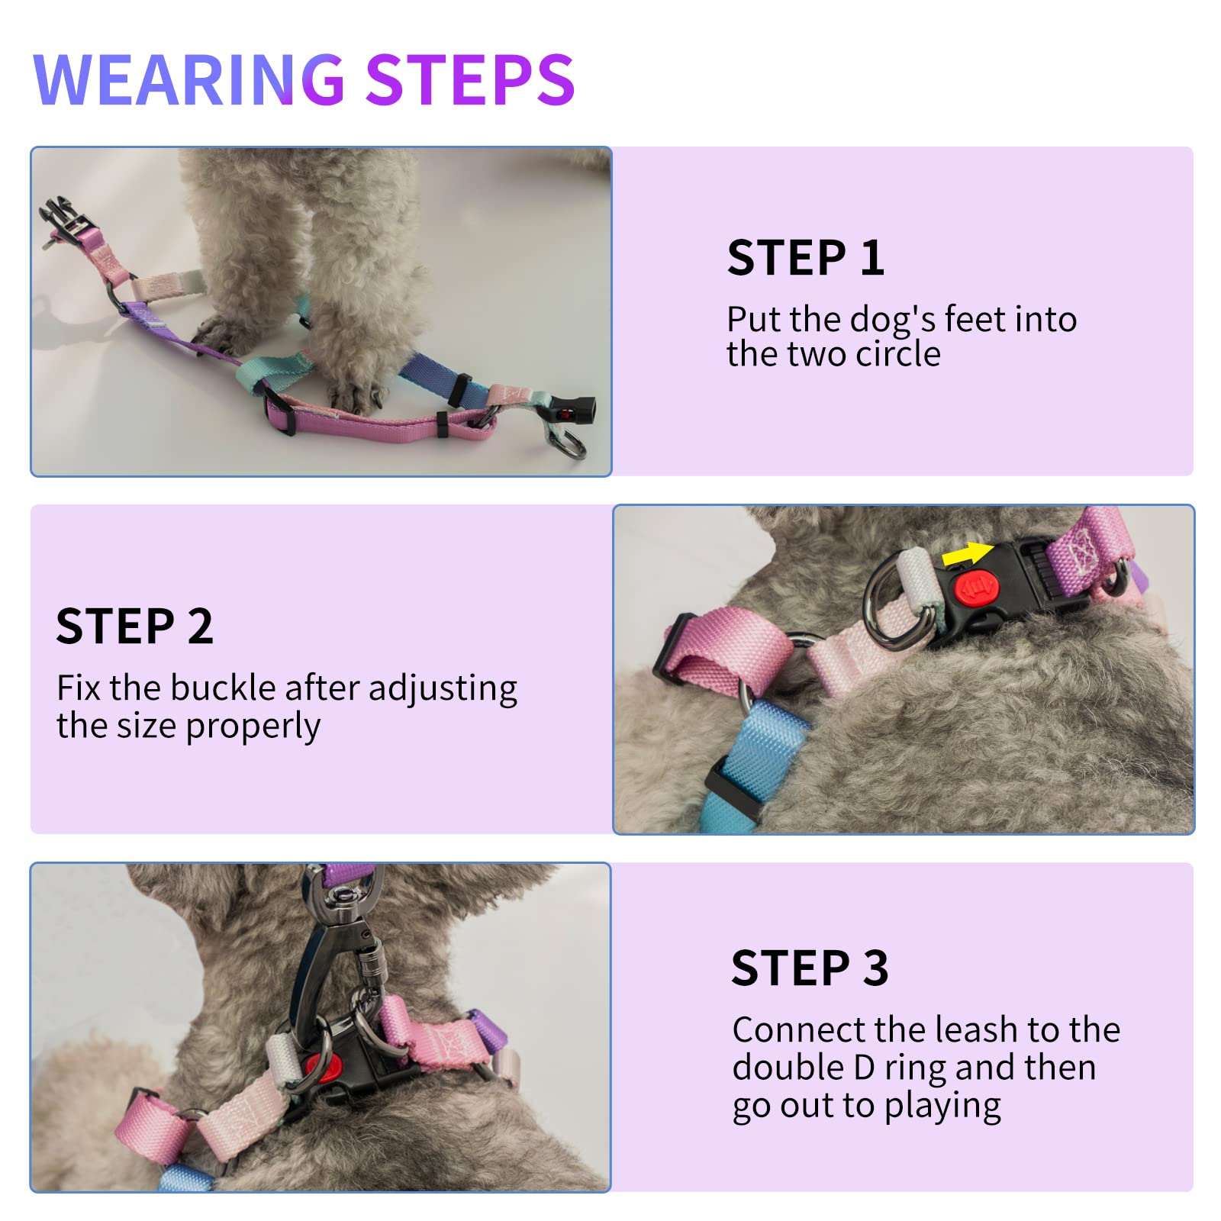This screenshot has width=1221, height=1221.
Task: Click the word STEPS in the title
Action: [x=469, y=79]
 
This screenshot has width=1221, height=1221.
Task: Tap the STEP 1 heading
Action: [x=805, y=258]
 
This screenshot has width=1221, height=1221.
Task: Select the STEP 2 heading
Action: [x=134, y=627]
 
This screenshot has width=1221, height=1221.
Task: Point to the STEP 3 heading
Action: [x=810, y=968]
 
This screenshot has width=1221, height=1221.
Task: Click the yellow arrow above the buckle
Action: [x=967, y=553]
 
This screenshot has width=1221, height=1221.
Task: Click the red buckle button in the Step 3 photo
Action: [x=317, y=1066]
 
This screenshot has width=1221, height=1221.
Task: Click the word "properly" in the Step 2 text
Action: [x=253, y=726]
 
